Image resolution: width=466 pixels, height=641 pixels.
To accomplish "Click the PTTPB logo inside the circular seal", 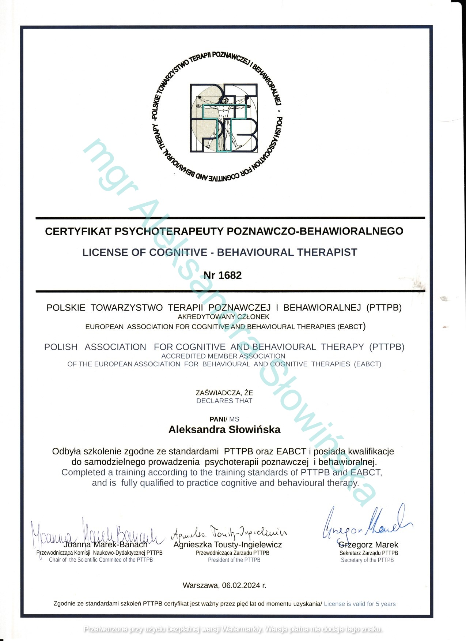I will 224,118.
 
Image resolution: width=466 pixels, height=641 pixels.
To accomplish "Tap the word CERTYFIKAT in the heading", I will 77,231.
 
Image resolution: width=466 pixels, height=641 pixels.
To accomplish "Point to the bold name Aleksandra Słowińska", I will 224,430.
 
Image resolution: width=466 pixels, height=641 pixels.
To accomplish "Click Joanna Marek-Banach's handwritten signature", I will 97,533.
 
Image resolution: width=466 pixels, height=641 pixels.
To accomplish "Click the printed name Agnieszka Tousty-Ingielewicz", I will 228,545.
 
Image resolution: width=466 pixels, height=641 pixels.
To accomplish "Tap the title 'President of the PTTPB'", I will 234,560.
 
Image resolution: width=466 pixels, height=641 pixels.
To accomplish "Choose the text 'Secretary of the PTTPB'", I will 367,560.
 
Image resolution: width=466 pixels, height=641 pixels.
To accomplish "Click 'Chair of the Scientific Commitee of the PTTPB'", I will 101,560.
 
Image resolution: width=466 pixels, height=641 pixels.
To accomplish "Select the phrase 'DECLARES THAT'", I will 224,401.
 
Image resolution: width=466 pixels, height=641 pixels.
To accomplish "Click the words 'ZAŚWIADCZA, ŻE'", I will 224,393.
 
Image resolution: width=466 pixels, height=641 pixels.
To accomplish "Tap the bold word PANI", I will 217,419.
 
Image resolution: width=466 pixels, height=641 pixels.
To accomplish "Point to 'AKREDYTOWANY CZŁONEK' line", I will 223,317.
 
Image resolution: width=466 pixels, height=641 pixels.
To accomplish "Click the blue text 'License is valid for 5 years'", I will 360,604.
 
